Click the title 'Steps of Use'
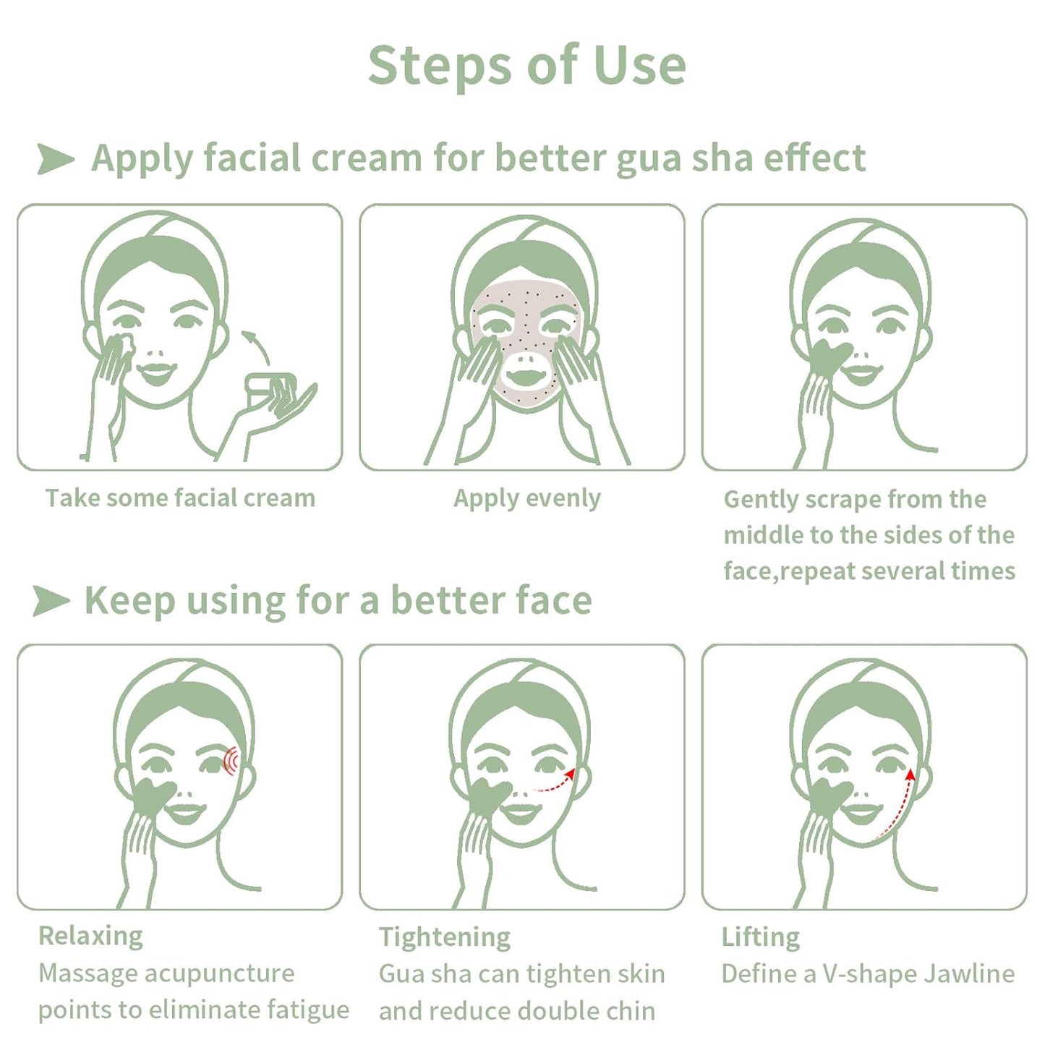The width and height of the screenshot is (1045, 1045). click(526, 65)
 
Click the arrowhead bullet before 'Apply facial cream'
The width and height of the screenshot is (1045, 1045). click(55, 158)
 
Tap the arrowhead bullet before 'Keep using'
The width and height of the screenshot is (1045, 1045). click(51, 601)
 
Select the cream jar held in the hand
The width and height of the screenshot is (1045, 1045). click(269, 389)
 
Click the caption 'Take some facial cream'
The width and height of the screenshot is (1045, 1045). click(180, 498)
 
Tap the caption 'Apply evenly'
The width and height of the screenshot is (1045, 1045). click(526, 498)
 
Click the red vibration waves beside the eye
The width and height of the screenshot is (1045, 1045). click(231, 761)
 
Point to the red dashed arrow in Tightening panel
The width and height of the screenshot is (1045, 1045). click(555, 782)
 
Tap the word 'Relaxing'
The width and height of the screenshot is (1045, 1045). click(90, 936)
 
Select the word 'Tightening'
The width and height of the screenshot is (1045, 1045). click(445, 937)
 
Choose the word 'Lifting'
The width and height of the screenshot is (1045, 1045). click(761, 937)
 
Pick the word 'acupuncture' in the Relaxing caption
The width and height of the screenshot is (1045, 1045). click(225, 974)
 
